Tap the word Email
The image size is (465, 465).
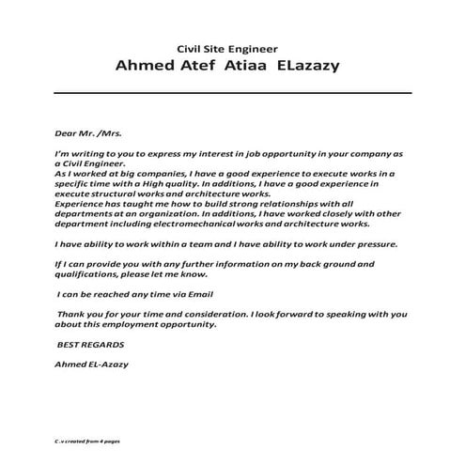click(x=212, y=294)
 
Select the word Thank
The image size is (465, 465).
click(x=73, y=315)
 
